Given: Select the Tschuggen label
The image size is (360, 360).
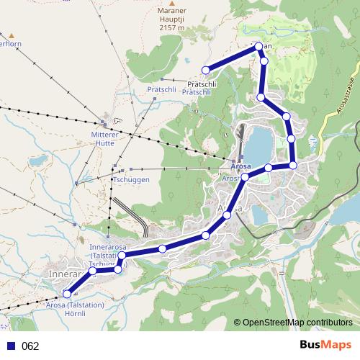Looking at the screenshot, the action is pos(131,180).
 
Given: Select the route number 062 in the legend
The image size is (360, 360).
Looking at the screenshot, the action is pos(30,346).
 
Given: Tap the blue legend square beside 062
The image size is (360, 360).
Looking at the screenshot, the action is pos(11,346).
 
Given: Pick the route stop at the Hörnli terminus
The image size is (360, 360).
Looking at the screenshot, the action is pos(68,293).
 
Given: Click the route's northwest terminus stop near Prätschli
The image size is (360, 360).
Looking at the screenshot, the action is pos(206,70).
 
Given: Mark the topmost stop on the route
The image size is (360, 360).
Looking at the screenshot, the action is pos(257,47).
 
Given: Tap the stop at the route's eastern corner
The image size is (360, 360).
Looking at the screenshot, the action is pos(293,166).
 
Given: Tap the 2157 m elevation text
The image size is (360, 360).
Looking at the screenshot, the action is pos(171,28).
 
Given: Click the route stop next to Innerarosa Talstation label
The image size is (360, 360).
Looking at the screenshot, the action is pos(122,256).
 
